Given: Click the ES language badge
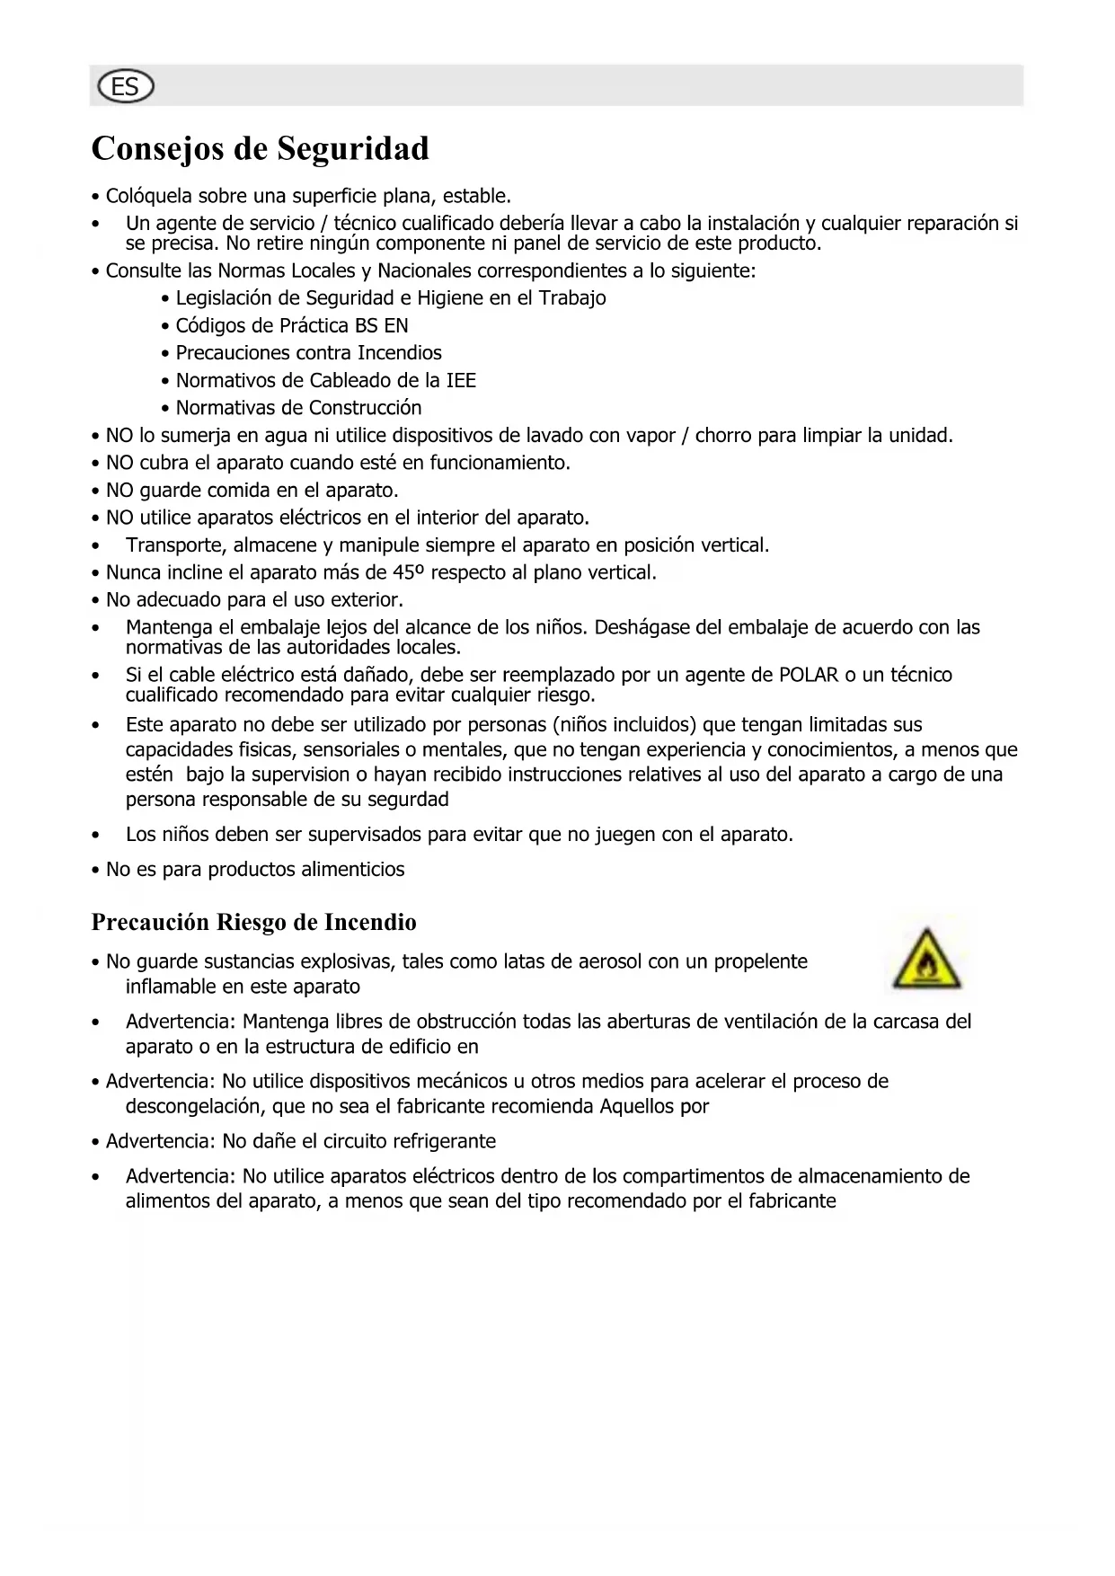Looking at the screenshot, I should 126,86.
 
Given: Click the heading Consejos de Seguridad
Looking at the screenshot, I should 261,148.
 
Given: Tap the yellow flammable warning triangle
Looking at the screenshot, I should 926,961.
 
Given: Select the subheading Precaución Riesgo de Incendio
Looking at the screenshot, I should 254,923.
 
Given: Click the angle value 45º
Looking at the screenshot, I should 409,572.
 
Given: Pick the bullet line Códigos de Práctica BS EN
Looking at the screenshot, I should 291,325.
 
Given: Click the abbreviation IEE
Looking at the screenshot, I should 461,380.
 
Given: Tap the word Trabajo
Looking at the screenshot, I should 572,298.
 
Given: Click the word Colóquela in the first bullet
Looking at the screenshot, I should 149,196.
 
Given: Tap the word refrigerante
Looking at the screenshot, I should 439,1141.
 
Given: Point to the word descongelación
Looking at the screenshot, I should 191,1106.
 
